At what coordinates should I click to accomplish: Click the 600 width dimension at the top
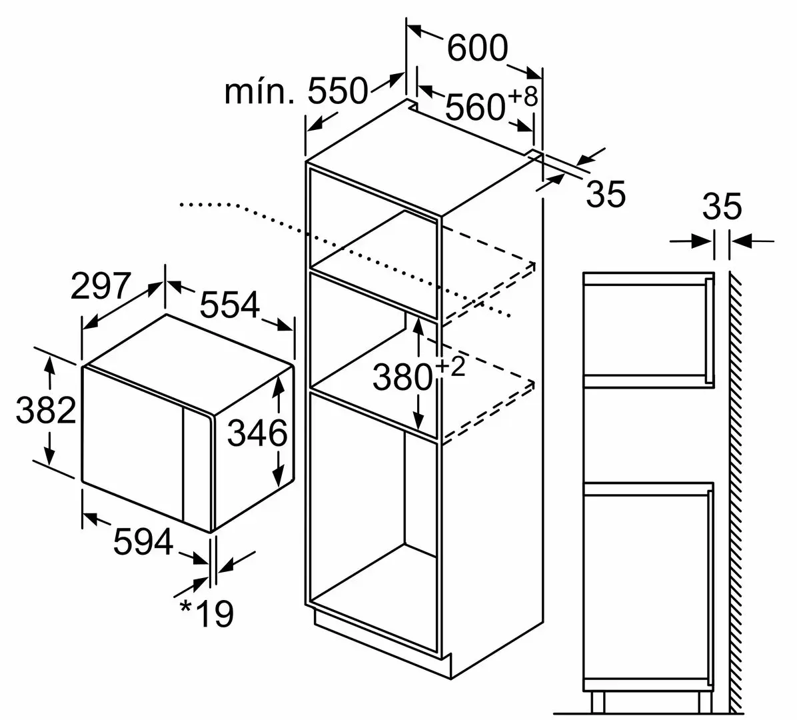[x=477, y=48]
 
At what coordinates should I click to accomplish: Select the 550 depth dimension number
[x=337, y=91]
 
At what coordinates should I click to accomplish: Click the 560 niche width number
[x=475, y=107]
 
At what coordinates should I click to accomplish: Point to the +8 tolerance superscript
[x=522, y=97]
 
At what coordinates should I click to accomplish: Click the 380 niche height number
[x=402, y=378]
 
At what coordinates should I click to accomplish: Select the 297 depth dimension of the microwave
[x=101, y=286]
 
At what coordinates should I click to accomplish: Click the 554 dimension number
[x=230, y=305]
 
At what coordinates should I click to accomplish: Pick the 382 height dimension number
[x=46, y=411]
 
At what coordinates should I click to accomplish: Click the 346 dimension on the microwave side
[x=257, y=433]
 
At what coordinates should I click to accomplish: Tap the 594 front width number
[x=143, y=541]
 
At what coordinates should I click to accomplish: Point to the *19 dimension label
[x=207, y=614]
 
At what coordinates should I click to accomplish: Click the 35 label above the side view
[x=722, y=207]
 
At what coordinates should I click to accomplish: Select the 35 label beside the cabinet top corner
[x=606, y=194]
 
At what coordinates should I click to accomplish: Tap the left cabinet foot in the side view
[x=598, y=702]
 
